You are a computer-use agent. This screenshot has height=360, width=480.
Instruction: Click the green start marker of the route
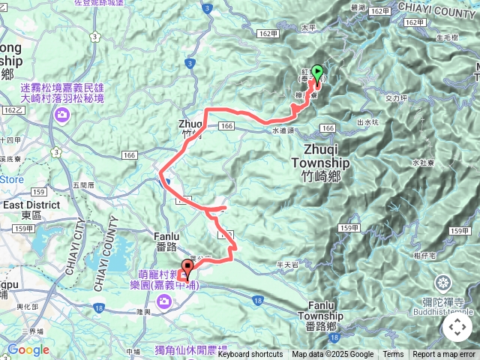(317, 73)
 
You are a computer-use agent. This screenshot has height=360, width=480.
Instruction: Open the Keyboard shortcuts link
(250, 355)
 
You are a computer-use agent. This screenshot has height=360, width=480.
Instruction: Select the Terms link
(393, 355)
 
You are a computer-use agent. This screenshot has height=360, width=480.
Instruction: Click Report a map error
(443, 355)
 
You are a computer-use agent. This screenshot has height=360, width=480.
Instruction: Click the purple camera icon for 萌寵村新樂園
(163, 301)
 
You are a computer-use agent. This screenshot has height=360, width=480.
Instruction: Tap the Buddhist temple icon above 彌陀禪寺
(442, 283)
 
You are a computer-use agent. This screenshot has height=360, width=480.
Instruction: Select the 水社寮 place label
(424, 162)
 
